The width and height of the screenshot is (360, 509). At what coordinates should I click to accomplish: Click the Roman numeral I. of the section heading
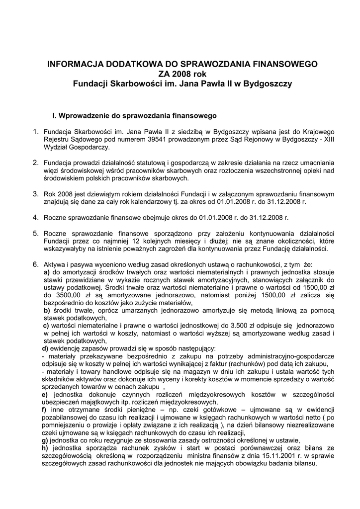point(55,116)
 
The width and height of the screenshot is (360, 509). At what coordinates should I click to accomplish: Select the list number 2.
point(35,162)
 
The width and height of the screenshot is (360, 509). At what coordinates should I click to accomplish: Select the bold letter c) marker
point(46,325)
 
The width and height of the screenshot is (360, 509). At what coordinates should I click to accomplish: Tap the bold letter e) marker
point(45,394)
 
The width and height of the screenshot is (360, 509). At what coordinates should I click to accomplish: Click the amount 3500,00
point(64,295)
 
